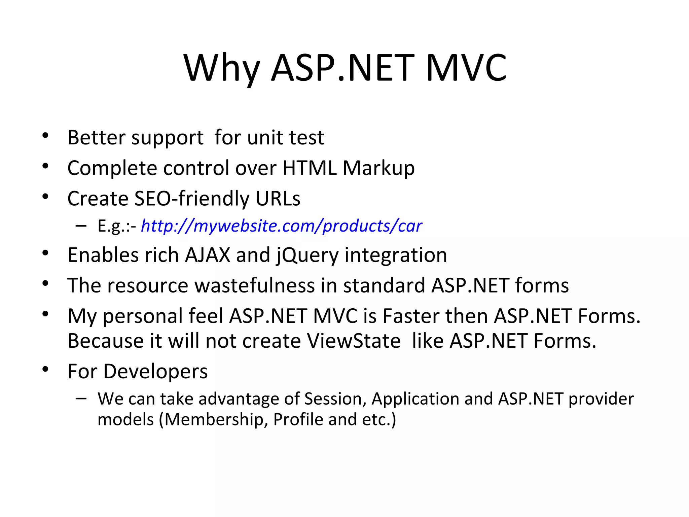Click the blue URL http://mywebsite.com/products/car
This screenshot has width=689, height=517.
(281, 226)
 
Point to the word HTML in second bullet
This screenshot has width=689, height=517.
(310, 168)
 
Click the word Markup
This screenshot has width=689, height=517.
(378, 168)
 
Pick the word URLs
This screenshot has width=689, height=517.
(278, 198)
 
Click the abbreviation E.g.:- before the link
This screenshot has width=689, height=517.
(117, 226)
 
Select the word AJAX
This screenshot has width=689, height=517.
(208, 255)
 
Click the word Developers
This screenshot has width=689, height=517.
(155, 372)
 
